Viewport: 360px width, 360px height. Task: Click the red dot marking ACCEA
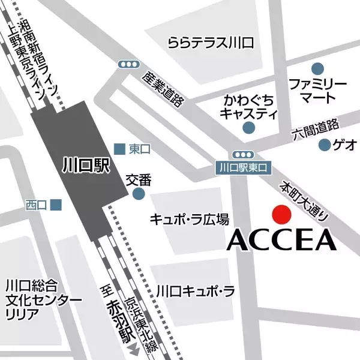(280, 214)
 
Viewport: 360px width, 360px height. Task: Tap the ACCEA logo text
(280, 240)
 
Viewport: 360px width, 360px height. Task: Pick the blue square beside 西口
(56, 205)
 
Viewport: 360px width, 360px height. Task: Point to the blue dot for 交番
(139, 194)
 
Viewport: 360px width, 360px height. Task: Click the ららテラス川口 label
(211, 43)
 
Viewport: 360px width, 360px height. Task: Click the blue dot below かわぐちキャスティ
(249, 127)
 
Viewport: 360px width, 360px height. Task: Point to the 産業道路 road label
(162, 89)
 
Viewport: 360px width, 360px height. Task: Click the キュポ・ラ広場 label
(190, 218)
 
